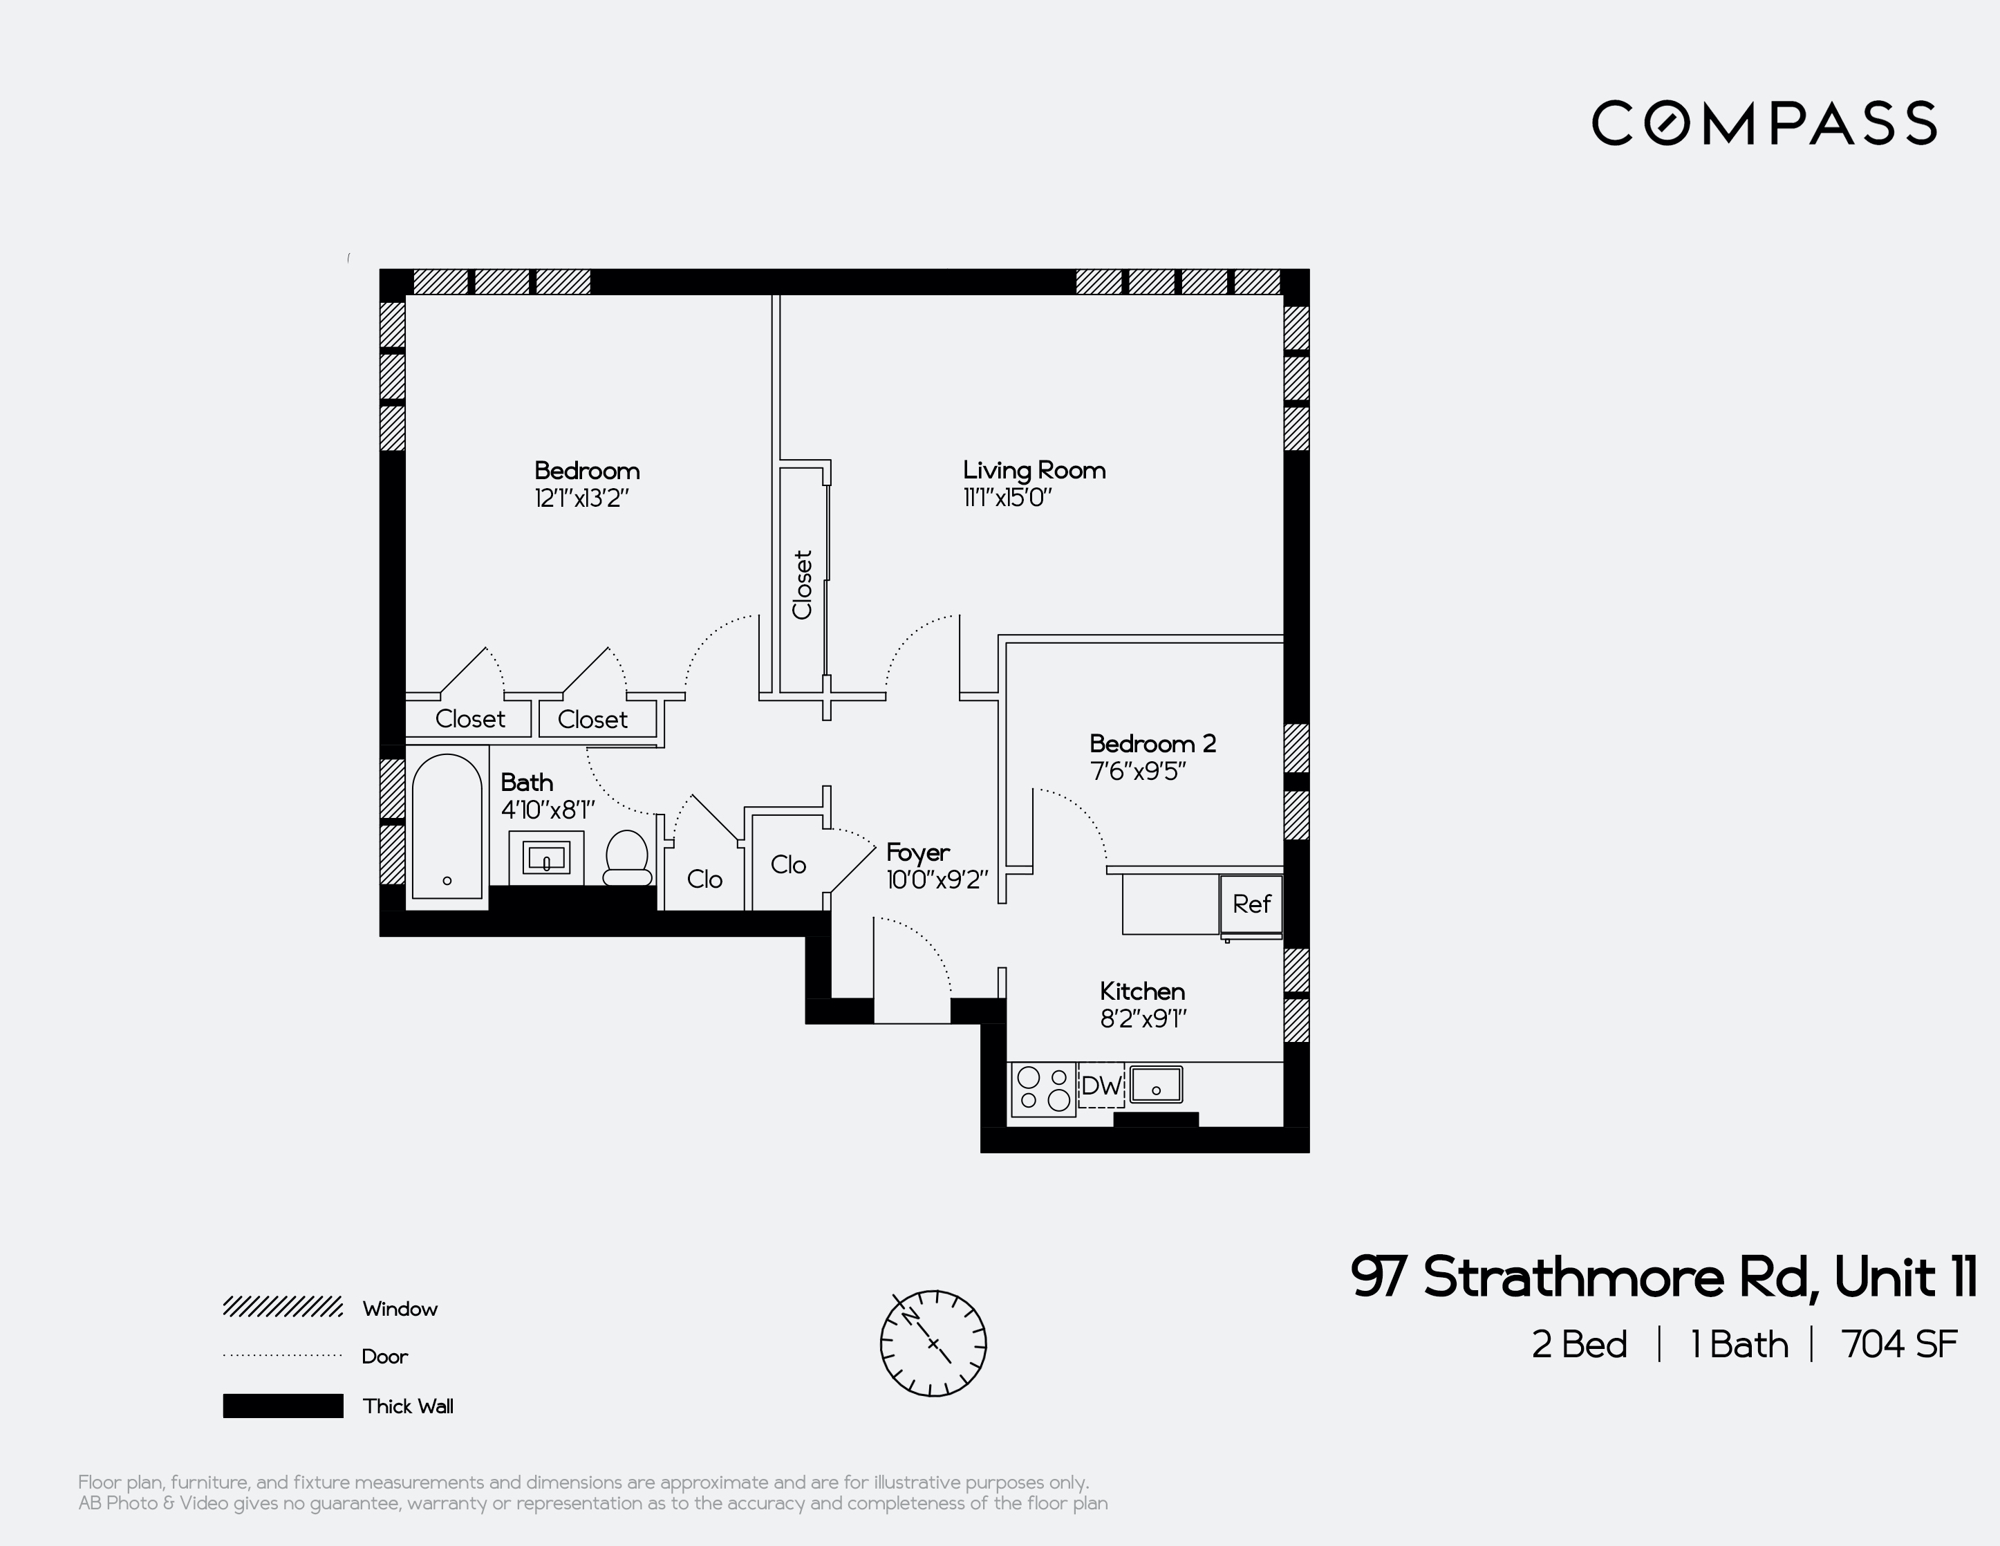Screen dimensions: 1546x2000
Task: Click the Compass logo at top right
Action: [1763, 123]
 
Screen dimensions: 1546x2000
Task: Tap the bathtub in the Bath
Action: [447, 826]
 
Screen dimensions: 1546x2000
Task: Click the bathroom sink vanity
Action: [545, 858]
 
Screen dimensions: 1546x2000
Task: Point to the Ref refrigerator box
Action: [1250, 905]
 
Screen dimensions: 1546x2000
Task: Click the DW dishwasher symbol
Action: [1100, 1086]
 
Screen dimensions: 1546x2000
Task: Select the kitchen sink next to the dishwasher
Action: [1156, 1086]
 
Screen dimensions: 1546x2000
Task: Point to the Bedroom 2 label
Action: [1152, 744]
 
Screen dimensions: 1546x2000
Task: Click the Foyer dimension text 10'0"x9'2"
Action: [937, 880]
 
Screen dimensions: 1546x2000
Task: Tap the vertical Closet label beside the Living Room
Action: [802, 584]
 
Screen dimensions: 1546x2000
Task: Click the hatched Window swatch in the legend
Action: [283, 1307]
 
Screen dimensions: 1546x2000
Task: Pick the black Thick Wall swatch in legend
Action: [283, 1406]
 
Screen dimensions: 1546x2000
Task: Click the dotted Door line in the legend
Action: [283, 1355]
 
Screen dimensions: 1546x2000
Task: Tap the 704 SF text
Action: [1898, 1345]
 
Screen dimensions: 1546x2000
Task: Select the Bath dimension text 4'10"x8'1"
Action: [548, 810]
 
